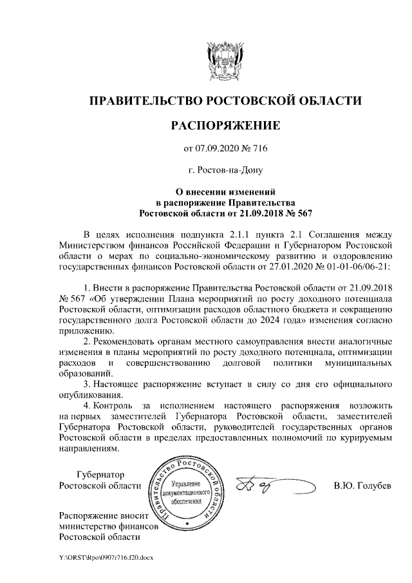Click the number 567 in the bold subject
(x=304, y=212)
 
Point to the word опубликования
(x=89, y=395)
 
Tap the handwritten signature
(x=260, y=484)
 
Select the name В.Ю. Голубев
(x=362, y=485)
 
